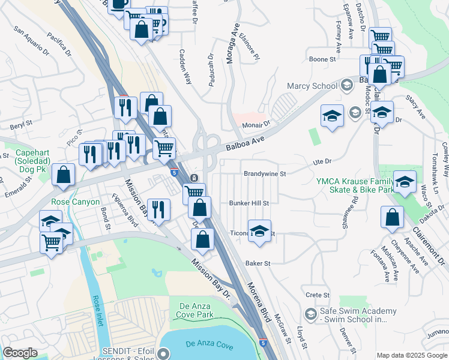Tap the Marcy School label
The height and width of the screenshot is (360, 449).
click(312, 86)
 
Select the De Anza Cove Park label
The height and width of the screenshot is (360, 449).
click(196, 310)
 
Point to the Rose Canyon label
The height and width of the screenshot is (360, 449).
click(76, 202)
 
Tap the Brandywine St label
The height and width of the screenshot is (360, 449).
click(265, 174)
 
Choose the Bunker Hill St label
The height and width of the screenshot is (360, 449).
click(249, 203)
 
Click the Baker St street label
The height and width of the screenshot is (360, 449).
click(259, 263)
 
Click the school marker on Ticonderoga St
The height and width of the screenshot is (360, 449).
click(259, 232)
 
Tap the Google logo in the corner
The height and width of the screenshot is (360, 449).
click(20, 353)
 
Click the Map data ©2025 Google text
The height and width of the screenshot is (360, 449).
click(412, 355)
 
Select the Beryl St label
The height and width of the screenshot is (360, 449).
click(20, 127)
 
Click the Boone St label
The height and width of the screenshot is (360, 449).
click(322, 59)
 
